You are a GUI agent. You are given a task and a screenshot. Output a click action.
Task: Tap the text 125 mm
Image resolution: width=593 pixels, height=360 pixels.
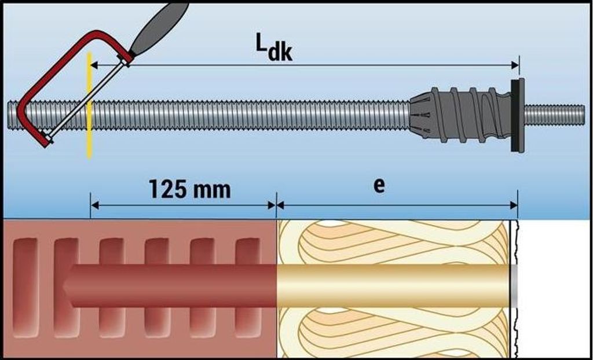(189, 189)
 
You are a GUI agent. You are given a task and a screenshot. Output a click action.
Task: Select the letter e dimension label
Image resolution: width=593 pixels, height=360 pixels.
(379, 187)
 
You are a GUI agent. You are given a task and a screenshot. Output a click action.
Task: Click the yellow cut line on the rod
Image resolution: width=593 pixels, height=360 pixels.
(89, 139)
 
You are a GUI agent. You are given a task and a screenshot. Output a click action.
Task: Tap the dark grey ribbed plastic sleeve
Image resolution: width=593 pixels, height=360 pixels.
(469, 114)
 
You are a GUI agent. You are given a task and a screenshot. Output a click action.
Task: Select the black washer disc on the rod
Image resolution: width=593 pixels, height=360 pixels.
(517, 115)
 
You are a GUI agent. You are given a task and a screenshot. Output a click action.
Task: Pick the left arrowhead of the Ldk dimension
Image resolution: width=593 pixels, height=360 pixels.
(94, 65)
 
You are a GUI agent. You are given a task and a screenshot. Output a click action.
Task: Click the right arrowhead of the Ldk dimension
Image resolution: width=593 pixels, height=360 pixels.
(515, 65)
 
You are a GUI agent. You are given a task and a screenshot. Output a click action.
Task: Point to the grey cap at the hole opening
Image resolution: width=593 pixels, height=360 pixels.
(513, 286)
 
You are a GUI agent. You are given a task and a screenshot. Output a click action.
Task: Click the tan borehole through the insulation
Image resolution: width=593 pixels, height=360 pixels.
(394, 286)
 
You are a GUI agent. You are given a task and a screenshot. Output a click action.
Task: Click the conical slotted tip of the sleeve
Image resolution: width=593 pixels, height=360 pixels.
(420, 115)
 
